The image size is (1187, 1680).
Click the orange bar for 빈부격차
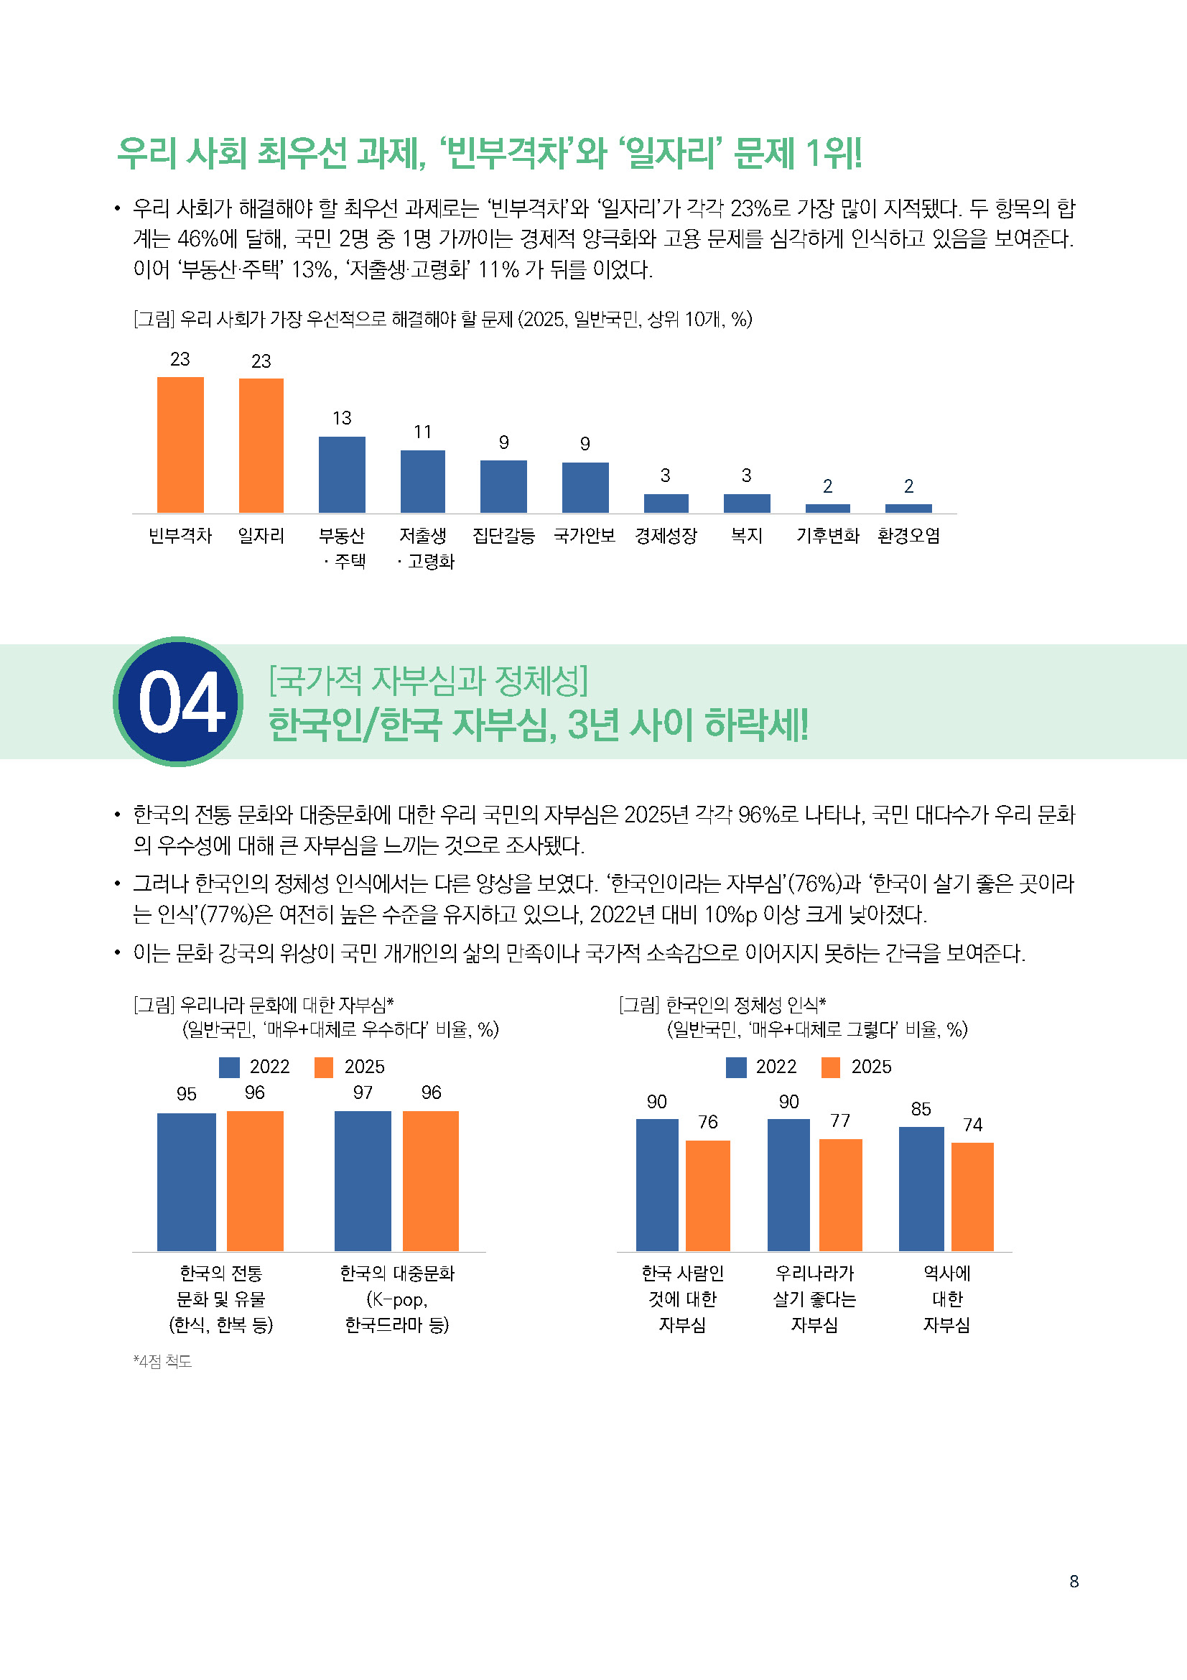(x=180, y=445)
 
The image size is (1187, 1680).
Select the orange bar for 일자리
(x=261, y=445)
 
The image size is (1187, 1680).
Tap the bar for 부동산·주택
(x=342, y=474)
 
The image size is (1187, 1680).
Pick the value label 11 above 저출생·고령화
(x=422, y=432)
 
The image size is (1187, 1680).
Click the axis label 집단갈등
(x=503, y=536)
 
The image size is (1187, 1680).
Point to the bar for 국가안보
(x=585, y=487)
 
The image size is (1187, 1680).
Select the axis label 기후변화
(x=827, y=536)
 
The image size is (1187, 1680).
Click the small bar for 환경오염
(x=908, y=508)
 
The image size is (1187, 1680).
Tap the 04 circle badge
(x=179, y=702)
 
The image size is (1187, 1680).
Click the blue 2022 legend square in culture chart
(x=229, y=1067)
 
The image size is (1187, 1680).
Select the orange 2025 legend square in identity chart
(x=831, y=1067)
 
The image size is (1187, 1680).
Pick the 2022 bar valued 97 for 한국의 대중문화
(x=363, y=1181)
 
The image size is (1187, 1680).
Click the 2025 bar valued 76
(x=707, y=1196)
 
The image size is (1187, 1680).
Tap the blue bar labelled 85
(x=921, y=1189)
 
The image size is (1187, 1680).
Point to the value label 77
(x=839, y=1120)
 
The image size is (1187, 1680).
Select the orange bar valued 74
(x=972, y=1197)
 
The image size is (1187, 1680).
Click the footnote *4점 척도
(x=162, y=1361)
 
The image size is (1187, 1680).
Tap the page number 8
(x=1074, y=1581)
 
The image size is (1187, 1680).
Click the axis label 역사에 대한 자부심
(x=946, y=1299)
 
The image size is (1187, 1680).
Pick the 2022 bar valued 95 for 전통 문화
(x=187, y=1182)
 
